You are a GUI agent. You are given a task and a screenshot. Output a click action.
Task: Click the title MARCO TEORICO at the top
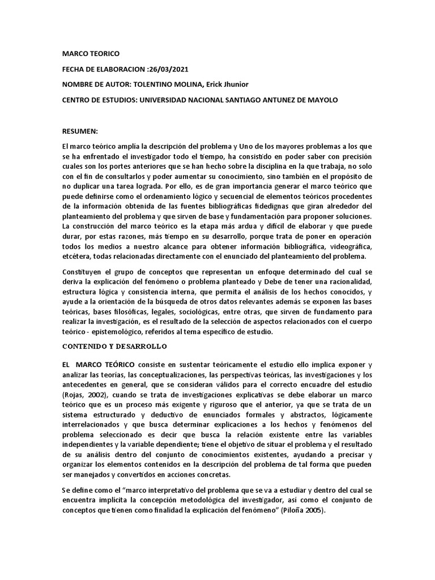click(x=91, y=53)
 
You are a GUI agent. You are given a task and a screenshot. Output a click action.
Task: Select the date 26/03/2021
click(x=168, y=69)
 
